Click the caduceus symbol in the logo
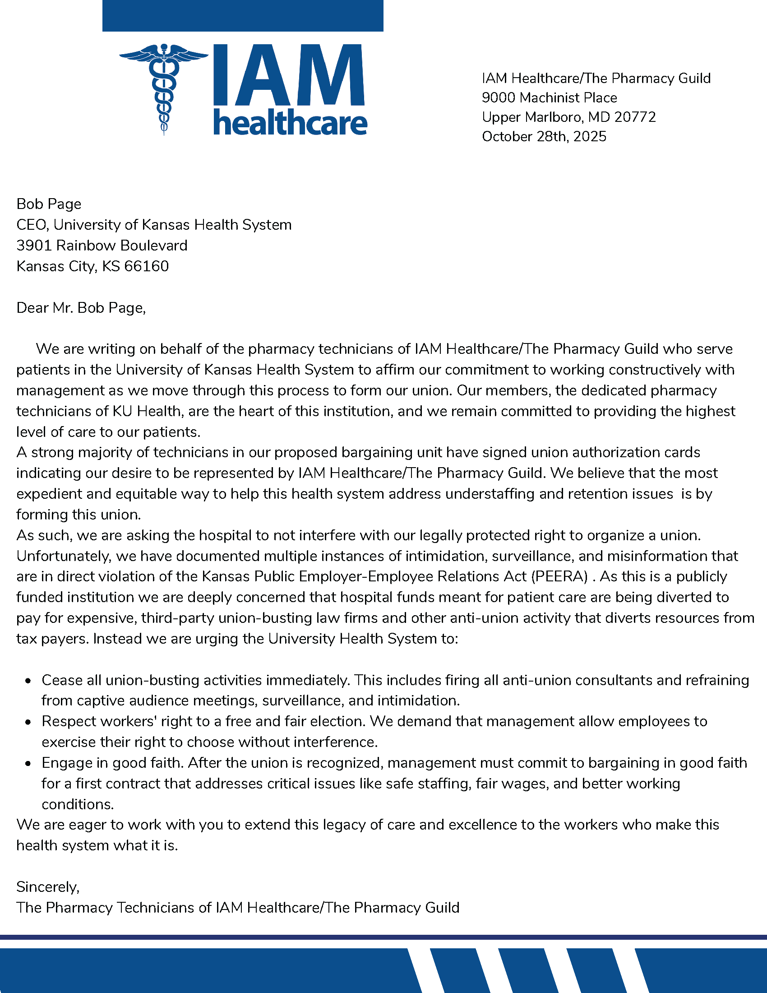(x=164, y=88)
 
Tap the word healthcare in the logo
(x=290, y=123)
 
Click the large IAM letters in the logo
(x=290, y=75)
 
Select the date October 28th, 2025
(x=544, y=136)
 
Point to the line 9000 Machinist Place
(x=550, y=98)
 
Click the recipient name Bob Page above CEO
(x=49, y=204)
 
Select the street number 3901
(x=34, y=246)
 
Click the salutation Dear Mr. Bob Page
(x=81, y=308)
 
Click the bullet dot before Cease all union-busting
(x=28, y=681)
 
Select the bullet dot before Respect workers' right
(x=28, y=723)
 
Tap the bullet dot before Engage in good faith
(x=28, y=764)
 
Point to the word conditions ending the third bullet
(x=77, y=805)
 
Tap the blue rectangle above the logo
(x=243, y=15)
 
